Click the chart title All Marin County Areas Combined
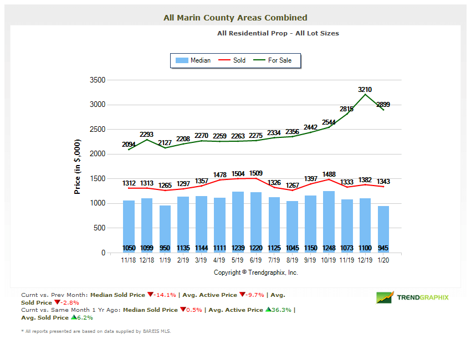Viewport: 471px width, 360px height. pyautogui.click(x=235, y=18)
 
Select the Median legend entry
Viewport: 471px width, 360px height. pyautogui.click(x=193, y=60)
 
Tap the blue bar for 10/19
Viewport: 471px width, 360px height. pyautogui.click(x=329, y=222)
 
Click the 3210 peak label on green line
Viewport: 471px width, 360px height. pyautogui.click(x=365, y=89)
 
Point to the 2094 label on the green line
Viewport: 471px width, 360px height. pyautogui.click(x=129, y=144)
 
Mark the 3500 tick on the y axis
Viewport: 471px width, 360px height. pyautogui.click(x=98, y=80)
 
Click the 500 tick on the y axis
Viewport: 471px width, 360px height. pyautogui.click(x=99, y=228)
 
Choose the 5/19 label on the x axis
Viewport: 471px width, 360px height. pyautogui.click(x=238, y=259)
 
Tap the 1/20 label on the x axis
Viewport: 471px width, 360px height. pyautogui.click(x=383, y=259)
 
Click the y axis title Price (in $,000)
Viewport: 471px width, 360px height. pyautogui.click(x=78, y=166)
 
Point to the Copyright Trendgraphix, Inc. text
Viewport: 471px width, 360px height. pyautogui.click(x=255, y=272)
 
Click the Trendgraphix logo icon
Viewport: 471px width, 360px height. pyautogui.click(x=385, y=297)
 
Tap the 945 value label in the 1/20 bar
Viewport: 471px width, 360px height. pyautogui.click(x=383, y=248)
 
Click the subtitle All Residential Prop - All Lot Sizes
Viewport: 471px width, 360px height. pyautogui.click(x=278, y=33)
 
